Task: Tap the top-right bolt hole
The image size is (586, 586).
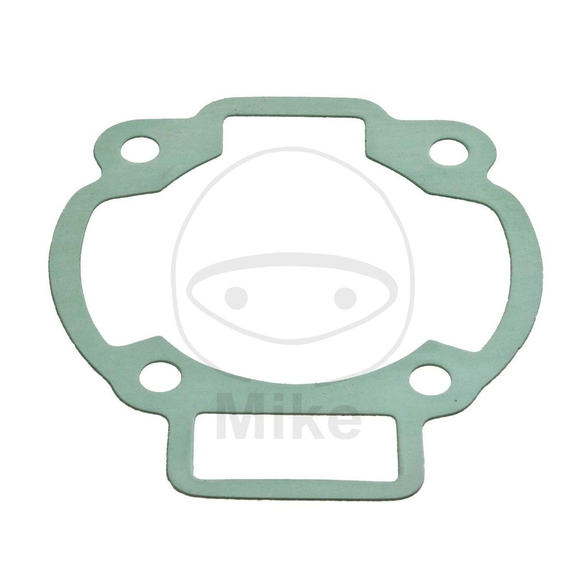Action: pyautogui.click(x=449, y=151)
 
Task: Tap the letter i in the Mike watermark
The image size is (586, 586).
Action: pyautogui.click(x=276, y=417)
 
